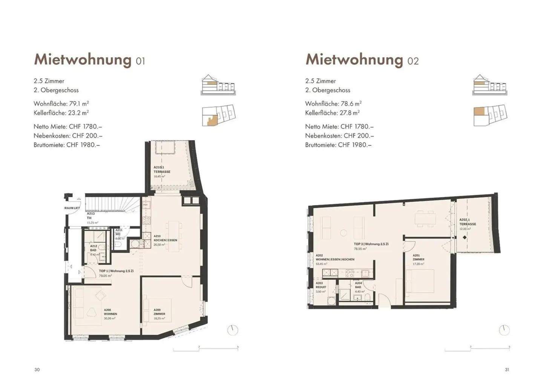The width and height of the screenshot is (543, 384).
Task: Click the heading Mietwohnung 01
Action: click(x=89, y=60)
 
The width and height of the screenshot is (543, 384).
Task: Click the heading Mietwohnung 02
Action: click(x=362, y=60)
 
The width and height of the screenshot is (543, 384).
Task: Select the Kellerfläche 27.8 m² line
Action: click(x=332, y=112)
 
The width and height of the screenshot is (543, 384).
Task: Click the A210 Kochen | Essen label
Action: click(x=165, y=240)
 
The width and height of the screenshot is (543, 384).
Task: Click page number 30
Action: click(x=37, y=370)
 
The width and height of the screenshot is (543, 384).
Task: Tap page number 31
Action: click(x=507, y=370)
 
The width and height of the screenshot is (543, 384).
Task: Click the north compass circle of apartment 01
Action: click(x=233, y=330)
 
